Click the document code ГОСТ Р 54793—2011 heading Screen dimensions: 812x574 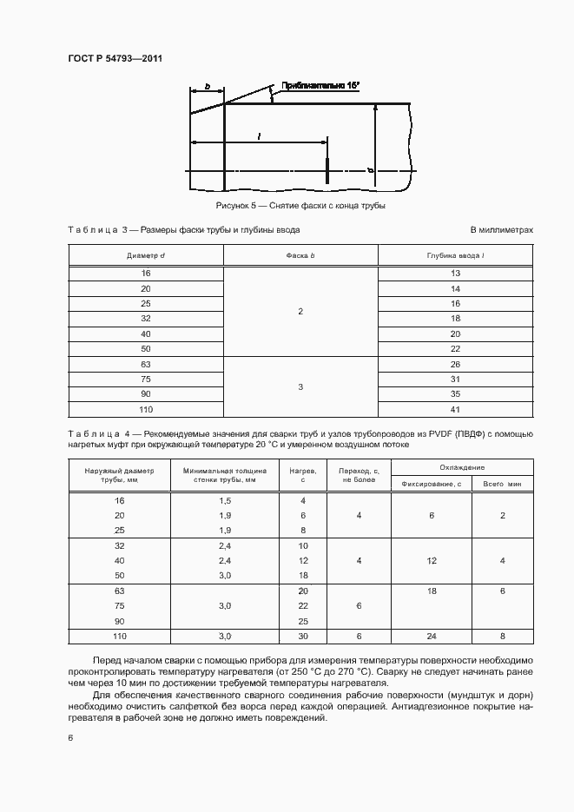[115, 59]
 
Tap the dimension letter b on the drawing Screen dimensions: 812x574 [208, 87]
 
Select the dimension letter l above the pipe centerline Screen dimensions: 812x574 [259, 135]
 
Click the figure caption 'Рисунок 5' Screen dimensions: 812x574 [239, 206]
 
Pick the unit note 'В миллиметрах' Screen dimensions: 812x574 [501, 230]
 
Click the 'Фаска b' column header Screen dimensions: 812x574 [300, 256]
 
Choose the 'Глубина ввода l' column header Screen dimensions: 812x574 [455, 256]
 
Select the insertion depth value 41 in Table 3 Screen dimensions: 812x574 [455, 407]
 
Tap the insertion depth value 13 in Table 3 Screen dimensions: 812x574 [455, 274]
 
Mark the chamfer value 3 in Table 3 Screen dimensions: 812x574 [300, 387]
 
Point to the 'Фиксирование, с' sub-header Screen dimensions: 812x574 [431, 483]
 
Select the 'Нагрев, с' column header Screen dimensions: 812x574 [303, 474]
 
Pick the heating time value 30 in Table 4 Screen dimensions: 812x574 [303, 637]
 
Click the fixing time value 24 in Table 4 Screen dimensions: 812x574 [431, 637]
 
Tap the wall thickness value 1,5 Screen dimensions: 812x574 [225, 501]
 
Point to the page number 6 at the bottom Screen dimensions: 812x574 [70, 737]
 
